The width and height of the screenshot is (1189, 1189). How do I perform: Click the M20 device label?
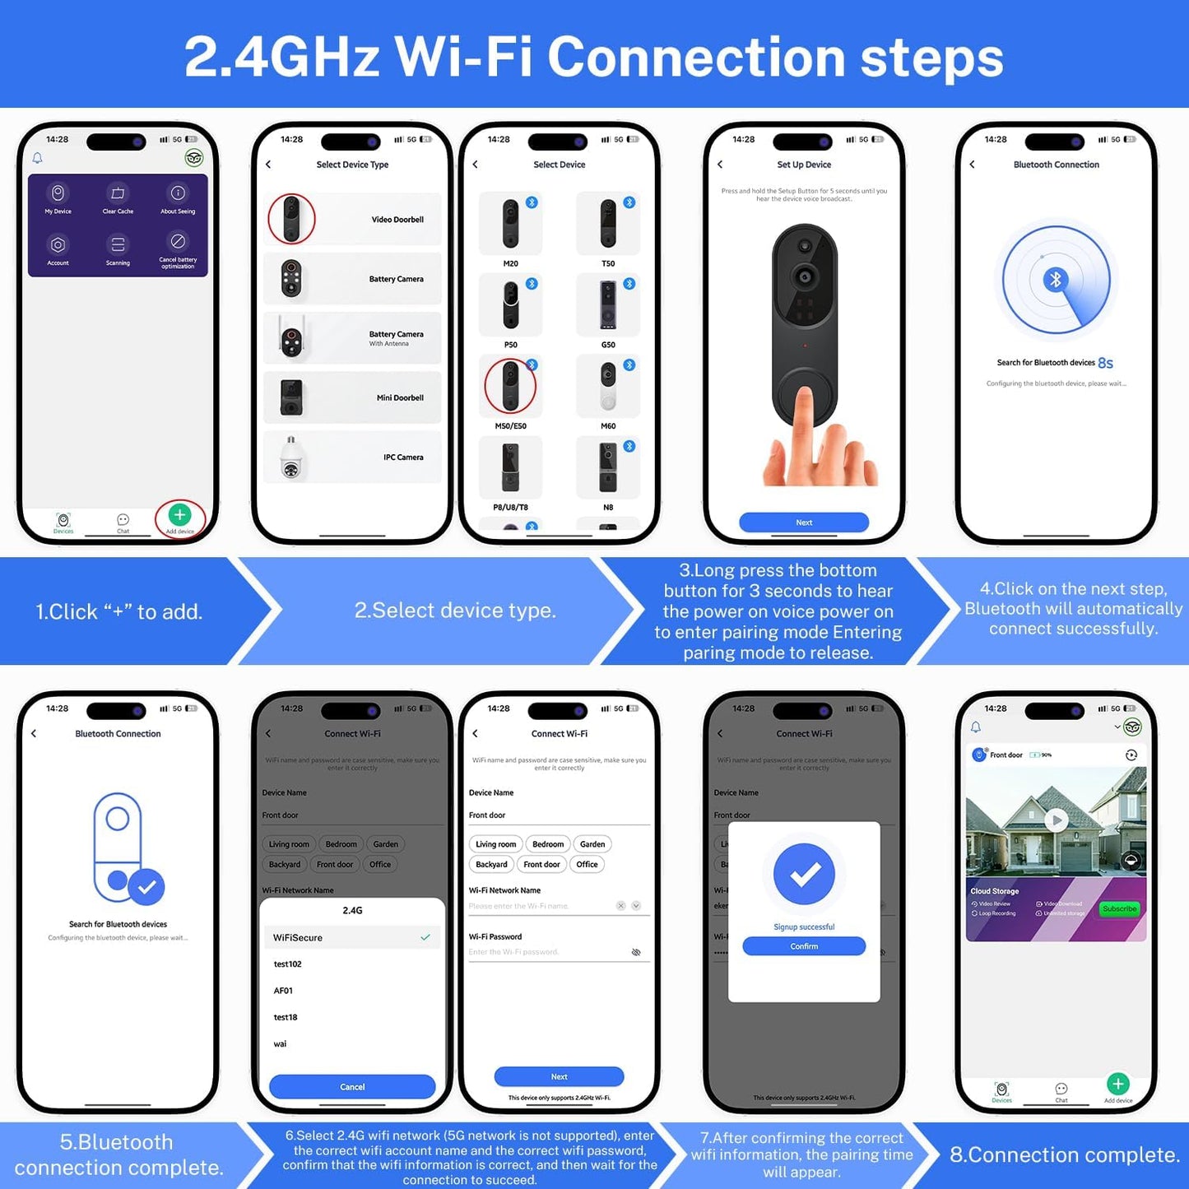coord(511,264)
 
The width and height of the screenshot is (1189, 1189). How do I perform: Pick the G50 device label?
coord(608,345)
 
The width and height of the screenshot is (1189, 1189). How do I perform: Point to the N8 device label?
coord(608,508)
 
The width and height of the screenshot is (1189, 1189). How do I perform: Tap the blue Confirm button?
coord(804,946)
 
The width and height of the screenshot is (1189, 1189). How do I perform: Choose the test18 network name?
coord(286,1018)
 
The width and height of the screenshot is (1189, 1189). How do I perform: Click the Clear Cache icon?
coord(118,193)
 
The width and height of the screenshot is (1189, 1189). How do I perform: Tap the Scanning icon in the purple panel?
coord(118,244)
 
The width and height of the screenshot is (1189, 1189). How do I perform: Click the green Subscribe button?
coord(1119,909)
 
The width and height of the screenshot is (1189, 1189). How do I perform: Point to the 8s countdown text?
coord(1105,363)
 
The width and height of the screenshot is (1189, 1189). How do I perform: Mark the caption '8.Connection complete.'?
coord(1065,1155)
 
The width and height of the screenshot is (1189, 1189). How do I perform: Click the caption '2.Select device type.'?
coord(455,611)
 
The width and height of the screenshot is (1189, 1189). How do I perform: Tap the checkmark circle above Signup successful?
coord(804,874)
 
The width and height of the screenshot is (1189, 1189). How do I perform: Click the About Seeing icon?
coord(178,193)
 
